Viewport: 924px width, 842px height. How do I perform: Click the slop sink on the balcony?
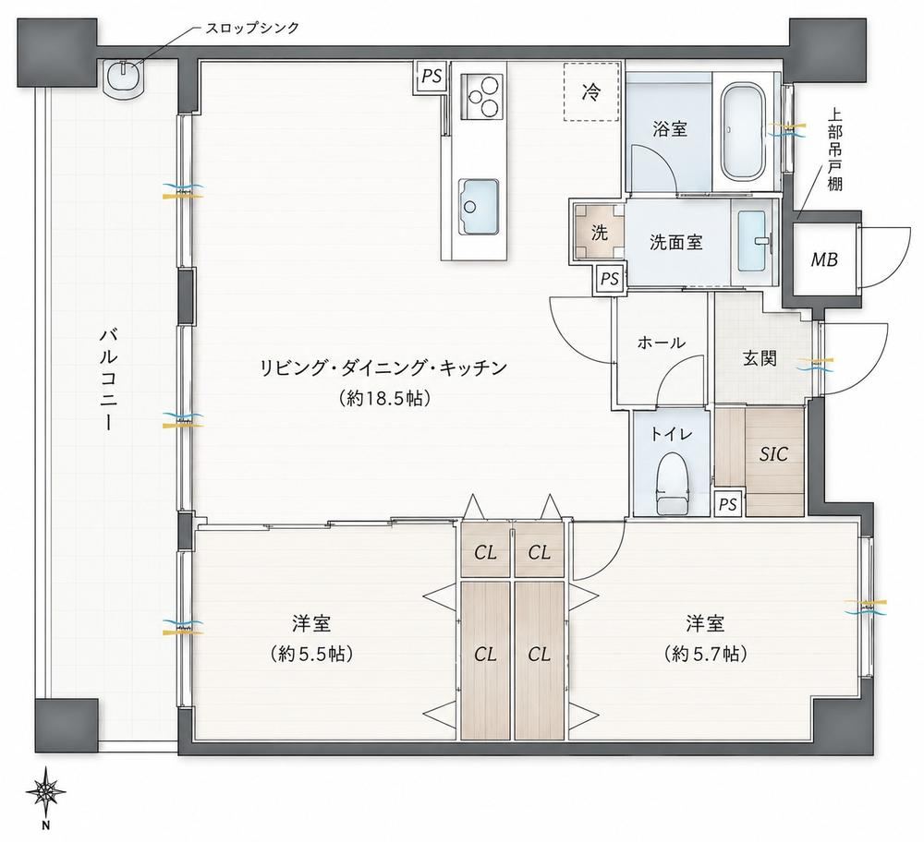coord(123,77)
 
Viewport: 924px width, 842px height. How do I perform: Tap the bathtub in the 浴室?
coord(743,133)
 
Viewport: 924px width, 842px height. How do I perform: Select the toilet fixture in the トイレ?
coord(673,482)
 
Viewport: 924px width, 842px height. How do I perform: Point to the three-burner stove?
coord(482,96)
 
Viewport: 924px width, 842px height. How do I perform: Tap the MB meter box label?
coord(824,259)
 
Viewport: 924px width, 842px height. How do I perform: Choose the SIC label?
coord(773,453)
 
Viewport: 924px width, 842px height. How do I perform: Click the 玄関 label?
coord(759,358)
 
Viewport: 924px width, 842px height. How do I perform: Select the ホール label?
coord(662,343)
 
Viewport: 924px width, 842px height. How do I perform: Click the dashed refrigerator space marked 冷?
coord(591,91)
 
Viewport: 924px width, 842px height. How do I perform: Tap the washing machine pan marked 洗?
coord(600,232)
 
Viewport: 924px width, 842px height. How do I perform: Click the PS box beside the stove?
coord(432,77)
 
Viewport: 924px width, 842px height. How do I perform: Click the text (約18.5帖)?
coord(384,399)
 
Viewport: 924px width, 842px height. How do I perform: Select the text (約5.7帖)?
coord(705,654)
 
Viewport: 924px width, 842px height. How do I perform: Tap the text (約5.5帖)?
coord(311,654)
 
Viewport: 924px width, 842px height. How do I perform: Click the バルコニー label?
coord(108,379)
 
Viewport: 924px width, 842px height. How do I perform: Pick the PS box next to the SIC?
coord(728,505)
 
